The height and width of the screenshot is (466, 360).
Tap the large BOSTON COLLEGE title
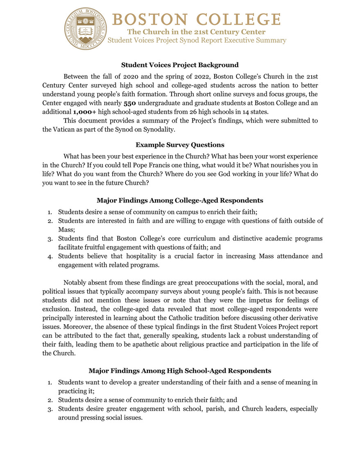click(195, 19)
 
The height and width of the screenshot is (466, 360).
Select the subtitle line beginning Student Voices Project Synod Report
click(197, 40)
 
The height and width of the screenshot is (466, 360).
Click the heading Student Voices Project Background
click(180, 65)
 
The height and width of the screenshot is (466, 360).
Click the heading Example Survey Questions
click(180, 145)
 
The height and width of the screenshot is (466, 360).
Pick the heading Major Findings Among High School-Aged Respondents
click(180, 371)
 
